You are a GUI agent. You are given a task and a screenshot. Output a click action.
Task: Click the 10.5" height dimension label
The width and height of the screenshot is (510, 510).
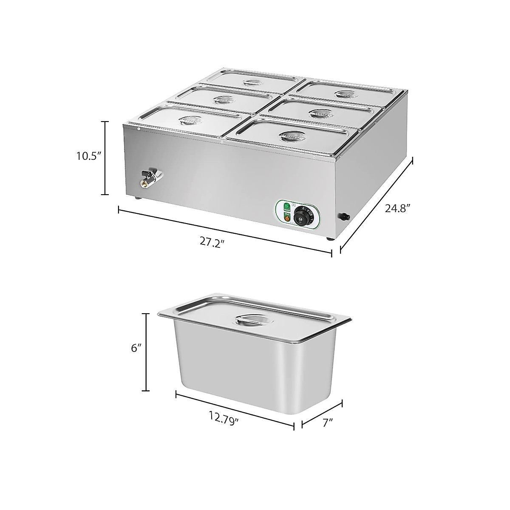point(88,156)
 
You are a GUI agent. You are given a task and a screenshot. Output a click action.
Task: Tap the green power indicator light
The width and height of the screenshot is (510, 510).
point(286,207)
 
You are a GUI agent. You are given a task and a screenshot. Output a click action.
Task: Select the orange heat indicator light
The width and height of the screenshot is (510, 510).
point(286,218)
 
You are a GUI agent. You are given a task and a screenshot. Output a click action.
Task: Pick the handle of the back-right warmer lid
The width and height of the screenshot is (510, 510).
point(345,93)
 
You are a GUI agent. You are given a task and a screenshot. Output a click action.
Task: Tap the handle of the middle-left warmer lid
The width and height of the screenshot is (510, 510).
point(222,100)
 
